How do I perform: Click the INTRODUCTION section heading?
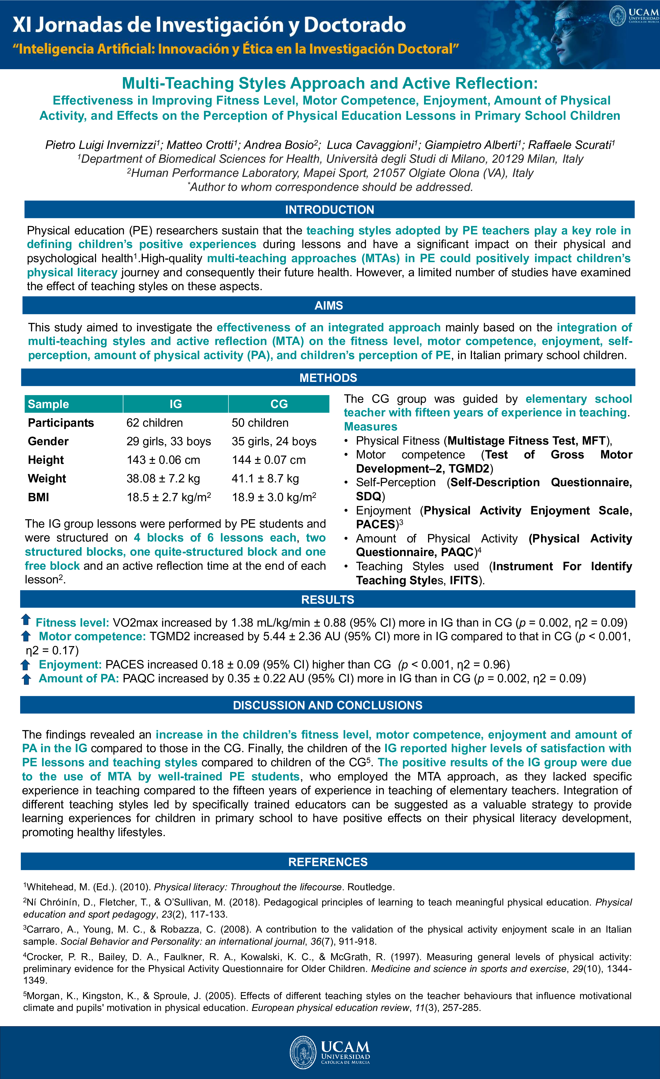click(329, 210)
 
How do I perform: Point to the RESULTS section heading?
click(328, 599)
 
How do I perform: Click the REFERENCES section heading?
click(328, 862)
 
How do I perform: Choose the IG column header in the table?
click(176, 404)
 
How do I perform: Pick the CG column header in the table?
click(279, 404)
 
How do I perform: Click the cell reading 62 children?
click(155, 423)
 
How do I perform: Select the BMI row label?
click(39, 497)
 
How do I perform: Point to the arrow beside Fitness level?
click(26, 620)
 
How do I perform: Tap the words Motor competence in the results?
click(92, 636)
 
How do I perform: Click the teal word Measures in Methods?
click(371, 426)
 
